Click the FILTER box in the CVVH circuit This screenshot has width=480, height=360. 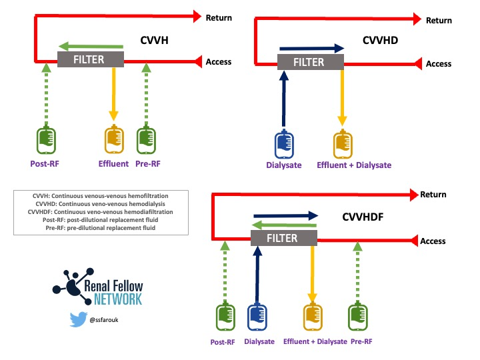91,59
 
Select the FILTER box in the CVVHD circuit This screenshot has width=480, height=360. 310,61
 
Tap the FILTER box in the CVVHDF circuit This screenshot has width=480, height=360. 283,238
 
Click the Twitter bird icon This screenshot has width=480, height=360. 79,319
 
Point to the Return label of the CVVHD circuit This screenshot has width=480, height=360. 438,21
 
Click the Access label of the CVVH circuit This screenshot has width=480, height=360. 219,62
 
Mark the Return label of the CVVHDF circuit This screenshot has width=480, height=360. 433,195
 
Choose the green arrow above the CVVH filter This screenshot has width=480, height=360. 91,46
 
